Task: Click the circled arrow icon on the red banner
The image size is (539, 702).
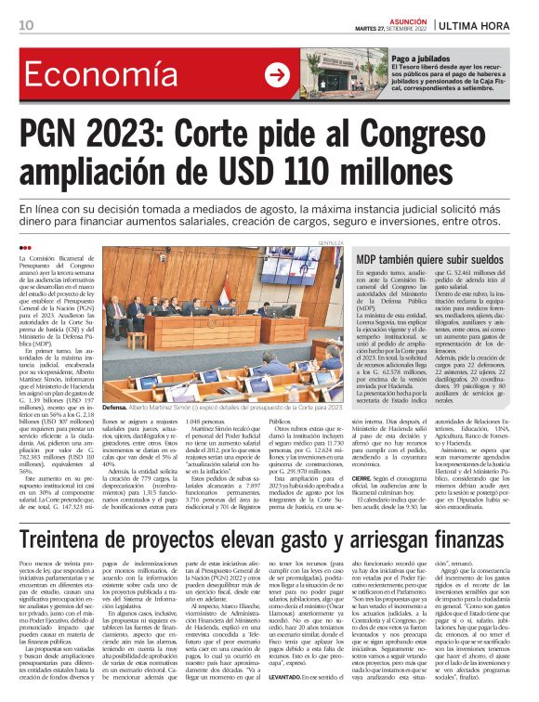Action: (x=278, y=75)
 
